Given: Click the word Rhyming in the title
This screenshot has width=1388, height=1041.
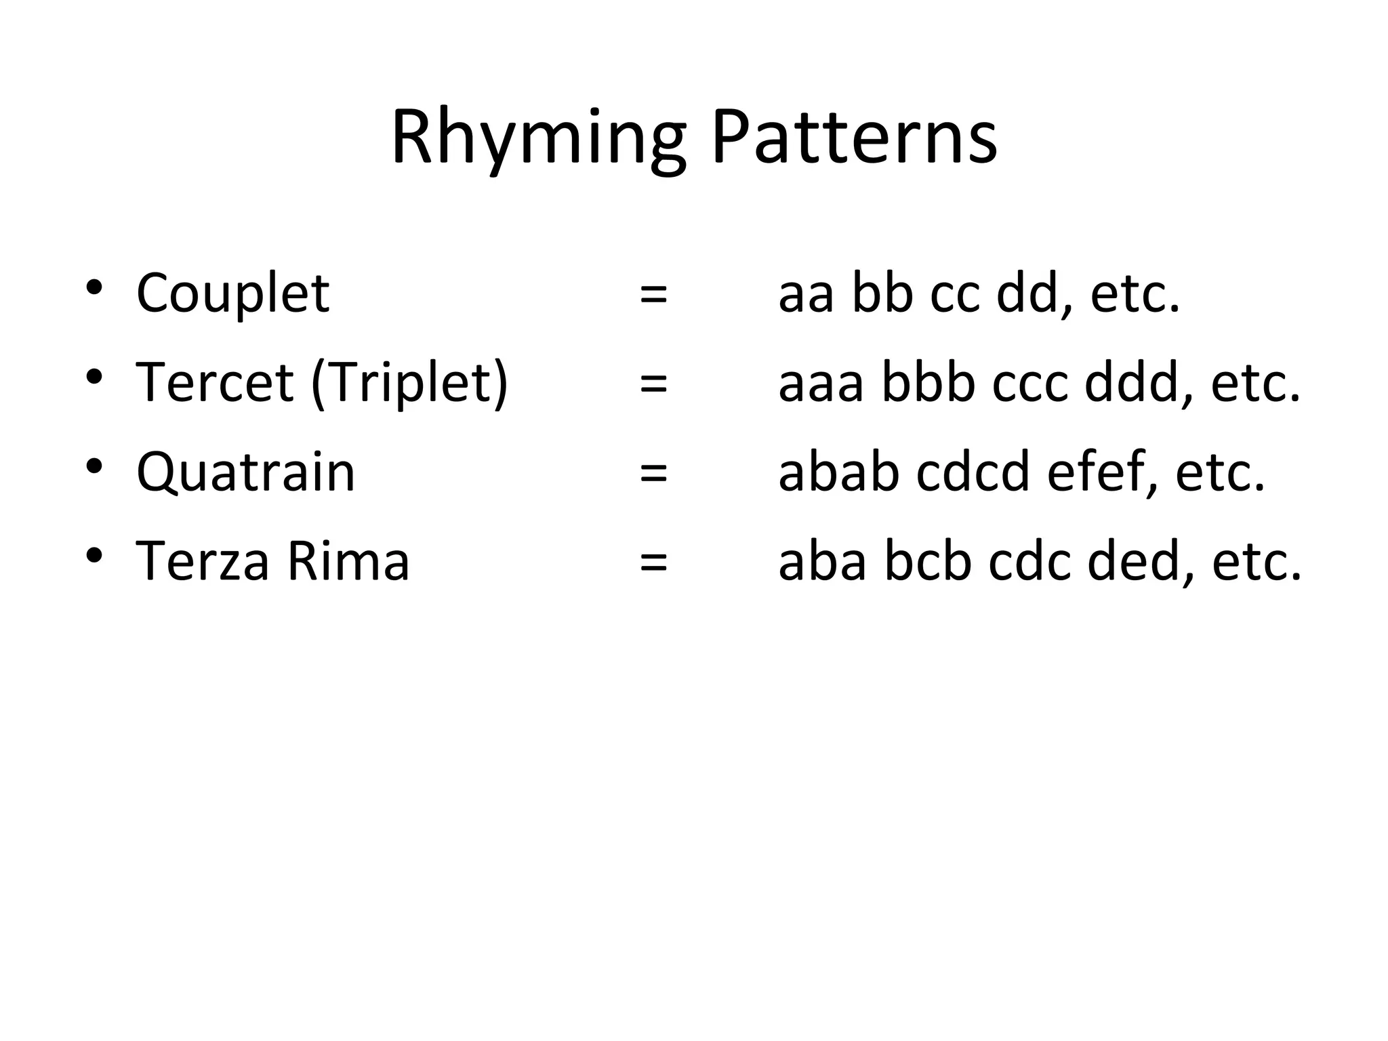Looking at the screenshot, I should [539, 139].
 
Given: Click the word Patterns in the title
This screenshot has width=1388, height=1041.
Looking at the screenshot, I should [854, 139].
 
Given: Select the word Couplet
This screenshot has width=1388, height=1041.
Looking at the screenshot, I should [232, 293].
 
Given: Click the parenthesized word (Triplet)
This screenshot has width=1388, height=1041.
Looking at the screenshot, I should [409, 384].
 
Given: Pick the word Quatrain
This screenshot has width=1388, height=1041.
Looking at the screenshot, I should [245, 472].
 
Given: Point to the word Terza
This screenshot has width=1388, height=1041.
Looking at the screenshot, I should [202, 562].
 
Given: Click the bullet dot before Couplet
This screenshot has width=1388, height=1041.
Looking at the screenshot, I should [94, 287].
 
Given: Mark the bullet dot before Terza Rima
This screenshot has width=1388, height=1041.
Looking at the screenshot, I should [94, 555].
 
